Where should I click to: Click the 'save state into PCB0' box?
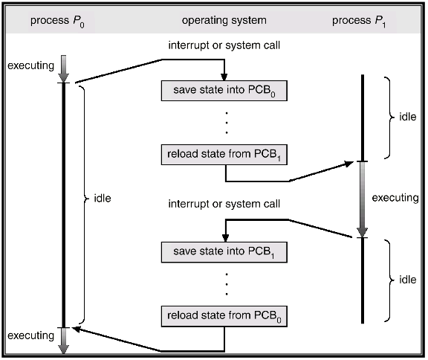click(224, 91)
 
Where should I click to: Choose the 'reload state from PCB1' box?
click(224, 155)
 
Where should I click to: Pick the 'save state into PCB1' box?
click(224, 251)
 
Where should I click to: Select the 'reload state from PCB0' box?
click(224, 315)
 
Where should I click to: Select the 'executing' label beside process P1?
click(395, 198)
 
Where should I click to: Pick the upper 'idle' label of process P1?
click(407, 117)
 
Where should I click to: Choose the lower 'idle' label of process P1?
click(407, 280)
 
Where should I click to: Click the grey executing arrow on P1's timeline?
click(363, 199)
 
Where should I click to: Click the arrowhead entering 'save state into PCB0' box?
click(224, 76)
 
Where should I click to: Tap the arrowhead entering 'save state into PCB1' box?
click(224, 237)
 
